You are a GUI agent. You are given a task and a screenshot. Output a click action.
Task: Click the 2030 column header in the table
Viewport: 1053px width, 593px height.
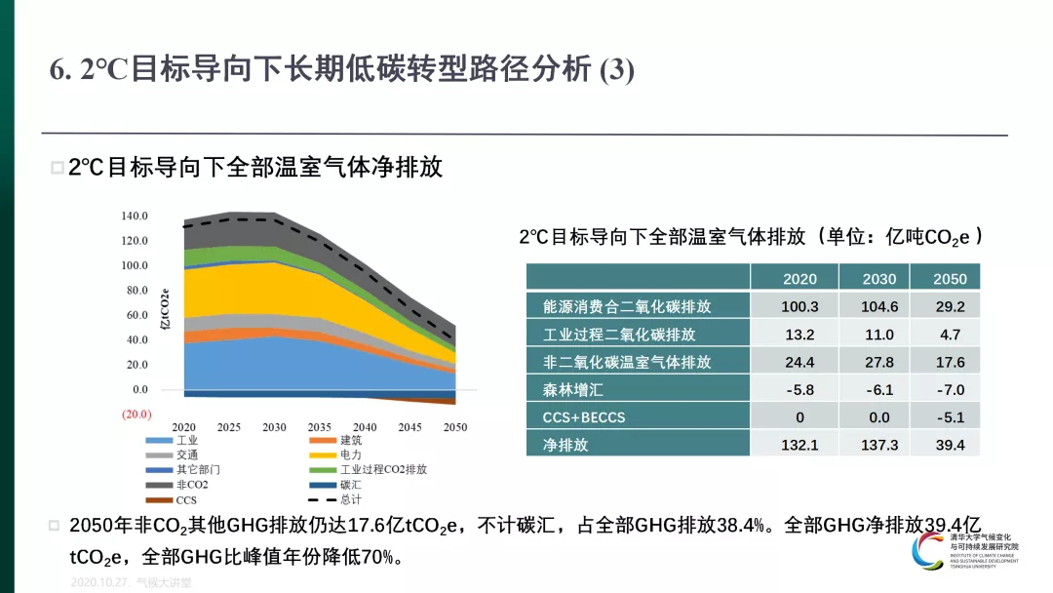pyautogui.click(x=879, y=279)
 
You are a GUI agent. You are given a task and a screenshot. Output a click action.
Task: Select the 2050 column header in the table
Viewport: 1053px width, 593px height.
pyautogui.click(x=950, y=279)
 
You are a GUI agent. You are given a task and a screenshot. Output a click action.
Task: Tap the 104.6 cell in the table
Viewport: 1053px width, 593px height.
pyautogui.click(x=879, y=306)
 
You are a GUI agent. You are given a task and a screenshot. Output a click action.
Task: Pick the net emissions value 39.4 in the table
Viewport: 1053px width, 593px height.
pyautogui.click(x=950, y=445)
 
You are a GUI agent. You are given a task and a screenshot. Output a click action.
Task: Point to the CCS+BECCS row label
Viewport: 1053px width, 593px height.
pyautogui.click(x=584, y=417)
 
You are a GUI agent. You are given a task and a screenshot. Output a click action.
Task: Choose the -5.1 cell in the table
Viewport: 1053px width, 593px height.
pyautogui.click(x=950, y=417)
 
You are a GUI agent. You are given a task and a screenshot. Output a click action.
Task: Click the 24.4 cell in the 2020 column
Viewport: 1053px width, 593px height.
pyautogui.click(x=799, y=362)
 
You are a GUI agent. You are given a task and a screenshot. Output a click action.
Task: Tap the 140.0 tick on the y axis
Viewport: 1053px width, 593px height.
pyautogui.click(x=135, y=216)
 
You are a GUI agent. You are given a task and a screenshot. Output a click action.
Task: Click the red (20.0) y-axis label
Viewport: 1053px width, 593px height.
pyautogui.click(x=135, y=414)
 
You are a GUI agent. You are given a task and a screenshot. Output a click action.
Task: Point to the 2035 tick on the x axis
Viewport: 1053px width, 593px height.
pyautogui.click(x=320, y=427)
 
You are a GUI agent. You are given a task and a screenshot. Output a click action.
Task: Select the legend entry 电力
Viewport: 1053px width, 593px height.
pyautogui.click(x=351, y=455)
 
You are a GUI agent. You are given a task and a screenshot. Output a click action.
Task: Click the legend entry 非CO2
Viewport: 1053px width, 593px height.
pyautogui.click(x=192, y=485)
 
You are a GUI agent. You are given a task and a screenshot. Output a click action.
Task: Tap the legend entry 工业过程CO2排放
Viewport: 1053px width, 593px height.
pyautogui.click(x=383, y=469)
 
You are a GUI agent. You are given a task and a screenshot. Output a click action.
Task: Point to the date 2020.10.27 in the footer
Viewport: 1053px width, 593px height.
pyautogui.click(x=100, y=582)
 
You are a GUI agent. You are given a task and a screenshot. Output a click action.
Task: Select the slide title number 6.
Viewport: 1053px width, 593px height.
pyautogui.click(x=58, y=70)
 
